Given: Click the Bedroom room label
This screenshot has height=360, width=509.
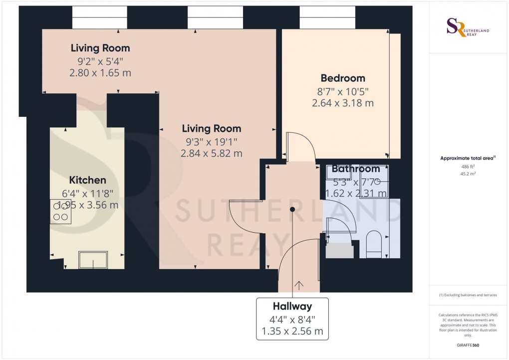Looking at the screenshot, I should [x=343, y=78].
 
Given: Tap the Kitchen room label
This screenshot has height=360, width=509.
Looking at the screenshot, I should [x=87, y=180].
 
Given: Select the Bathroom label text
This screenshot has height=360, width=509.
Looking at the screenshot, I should [x=356, y=169].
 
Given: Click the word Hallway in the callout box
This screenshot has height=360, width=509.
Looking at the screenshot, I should [x=292, y=307].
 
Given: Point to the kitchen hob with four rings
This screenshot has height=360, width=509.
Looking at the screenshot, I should [x=61, y=212].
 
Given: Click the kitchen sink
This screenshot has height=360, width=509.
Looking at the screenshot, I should [x=93, y=259].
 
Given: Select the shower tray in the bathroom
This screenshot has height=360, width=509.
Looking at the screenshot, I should [x=373, y=181].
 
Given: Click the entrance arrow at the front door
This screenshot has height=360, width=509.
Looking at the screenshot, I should [x=299, y=286].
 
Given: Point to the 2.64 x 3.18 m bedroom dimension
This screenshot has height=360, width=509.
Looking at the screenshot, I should [x=343, y=103].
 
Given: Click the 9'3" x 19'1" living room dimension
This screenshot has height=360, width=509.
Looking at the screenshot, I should [x=211, y=141].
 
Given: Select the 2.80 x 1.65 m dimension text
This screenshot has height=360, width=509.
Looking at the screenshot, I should [x=100, y=73].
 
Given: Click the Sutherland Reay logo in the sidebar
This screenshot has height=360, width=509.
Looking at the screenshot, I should [x=468, y=27].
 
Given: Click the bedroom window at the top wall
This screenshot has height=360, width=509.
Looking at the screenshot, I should [x=327, y=18].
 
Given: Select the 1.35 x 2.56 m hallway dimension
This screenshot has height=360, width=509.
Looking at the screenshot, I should [x=292, y=331].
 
